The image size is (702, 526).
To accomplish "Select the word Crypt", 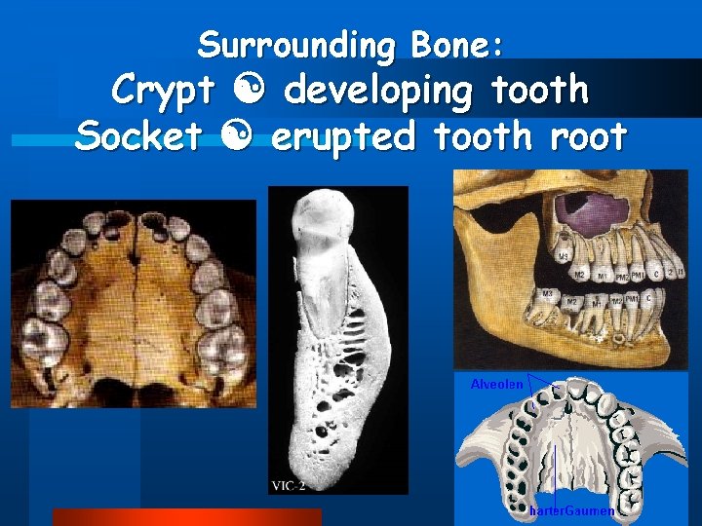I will coord(163,91).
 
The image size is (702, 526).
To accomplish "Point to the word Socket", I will coord(136,136).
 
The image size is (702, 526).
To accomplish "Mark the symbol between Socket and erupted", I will coord(234,137).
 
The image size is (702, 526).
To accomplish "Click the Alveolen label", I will coord(496,384).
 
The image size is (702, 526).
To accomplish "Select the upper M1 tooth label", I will coord(604,274).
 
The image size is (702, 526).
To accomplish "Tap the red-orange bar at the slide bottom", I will coord(186,517).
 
